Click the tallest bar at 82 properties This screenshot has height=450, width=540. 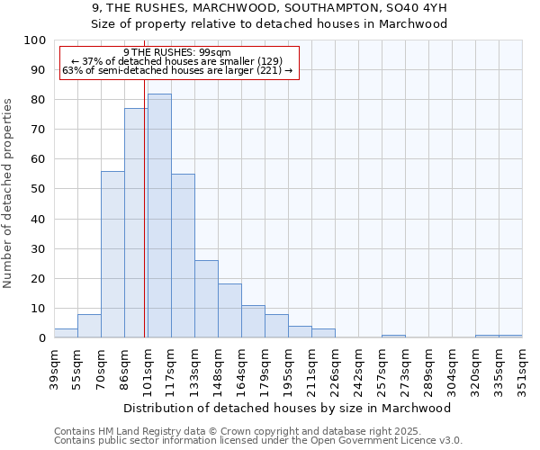pos(159,216)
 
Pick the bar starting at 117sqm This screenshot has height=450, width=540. pos(183,256)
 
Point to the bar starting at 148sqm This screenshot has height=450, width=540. pos(229,310)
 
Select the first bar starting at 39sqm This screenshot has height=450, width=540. pos(66,333)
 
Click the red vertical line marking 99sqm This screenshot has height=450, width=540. pos(144,180)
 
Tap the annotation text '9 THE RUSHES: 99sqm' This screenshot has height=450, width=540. pos(177,52)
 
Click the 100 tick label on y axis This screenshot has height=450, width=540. pos(34,40)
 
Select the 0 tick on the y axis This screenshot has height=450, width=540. pos(41,338)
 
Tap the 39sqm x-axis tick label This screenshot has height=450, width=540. pos(54,369)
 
